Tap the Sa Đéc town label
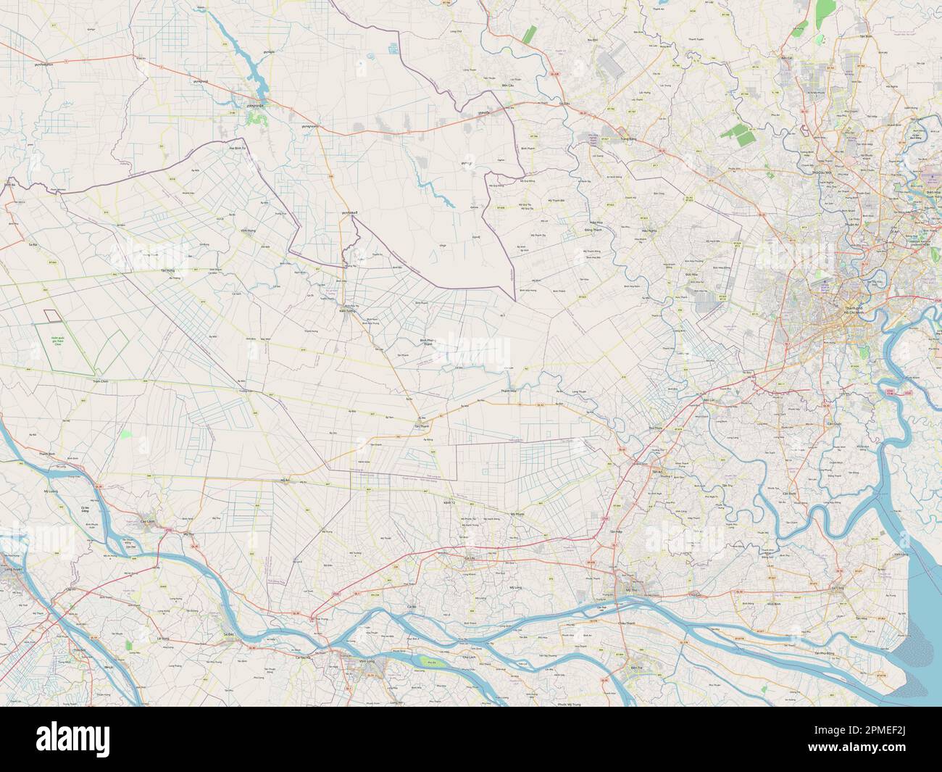[230, 632]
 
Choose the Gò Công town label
[838, 587]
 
